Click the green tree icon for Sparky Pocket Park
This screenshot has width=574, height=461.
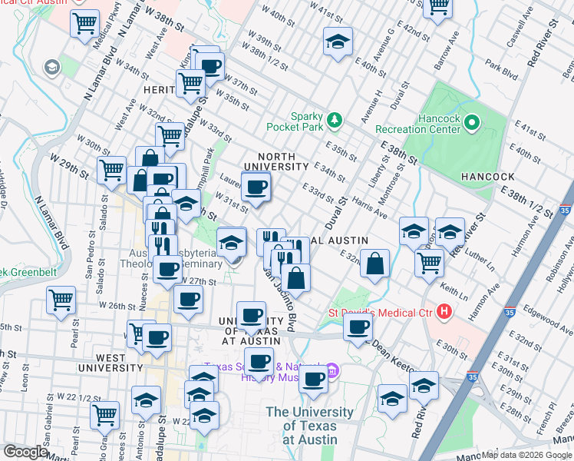pos(334,119)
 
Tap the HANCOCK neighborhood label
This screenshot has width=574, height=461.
pos(492,176)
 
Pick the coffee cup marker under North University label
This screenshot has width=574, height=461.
pos(256,187)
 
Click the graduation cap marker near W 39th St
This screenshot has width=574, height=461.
pos(337,42)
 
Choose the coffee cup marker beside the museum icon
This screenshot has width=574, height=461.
pos(313,379)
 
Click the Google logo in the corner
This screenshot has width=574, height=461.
pos(25,452)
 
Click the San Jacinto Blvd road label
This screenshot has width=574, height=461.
pos(281,296)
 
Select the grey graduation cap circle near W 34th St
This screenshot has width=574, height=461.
pos(52,68)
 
